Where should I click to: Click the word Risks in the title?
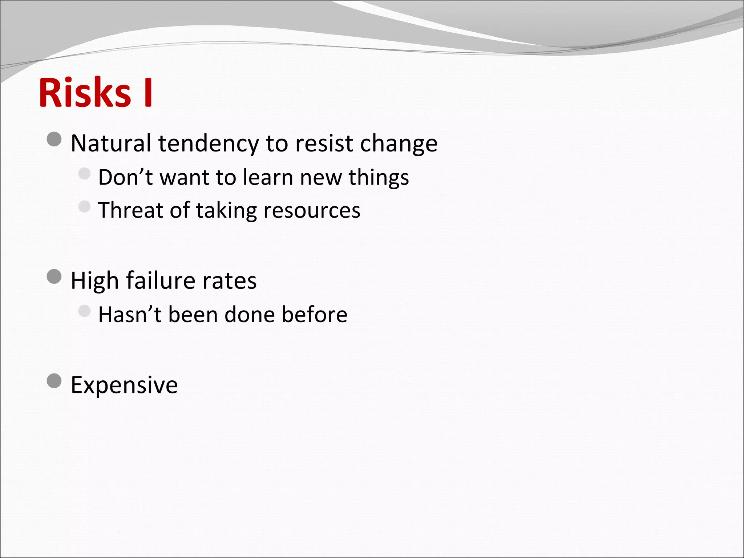(85, 93)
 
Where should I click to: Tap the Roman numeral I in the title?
(148, 93)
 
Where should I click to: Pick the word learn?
(268, 177)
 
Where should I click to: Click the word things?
(379, 178)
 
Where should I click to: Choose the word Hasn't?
(129, 314)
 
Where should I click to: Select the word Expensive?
(124, 385)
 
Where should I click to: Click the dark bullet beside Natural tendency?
(54, 139)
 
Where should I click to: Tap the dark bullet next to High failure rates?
(54, 276)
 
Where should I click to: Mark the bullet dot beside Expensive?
(54, 381)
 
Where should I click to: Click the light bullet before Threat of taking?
(84, 206)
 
